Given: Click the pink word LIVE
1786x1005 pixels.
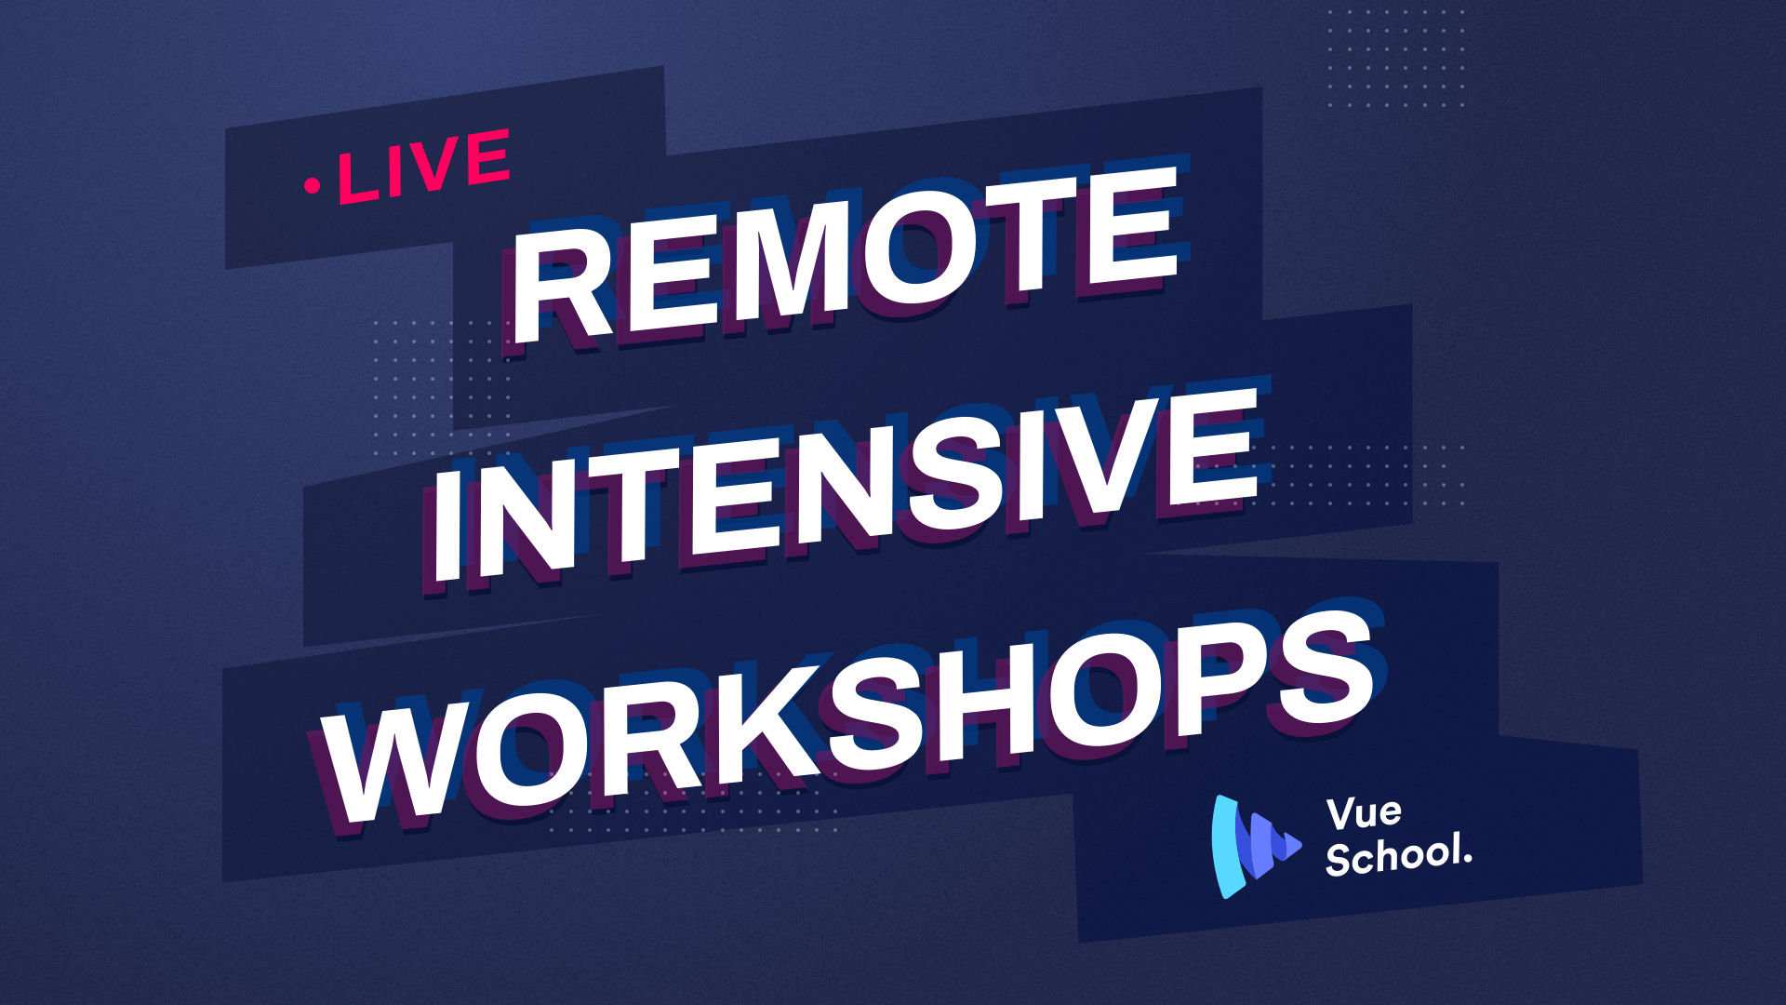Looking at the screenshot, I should tap(424, 167).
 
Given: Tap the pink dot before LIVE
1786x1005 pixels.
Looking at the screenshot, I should tap(312, 186).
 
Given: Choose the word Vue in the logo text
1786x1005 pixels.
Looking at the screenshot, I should tap(1364, 813).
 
